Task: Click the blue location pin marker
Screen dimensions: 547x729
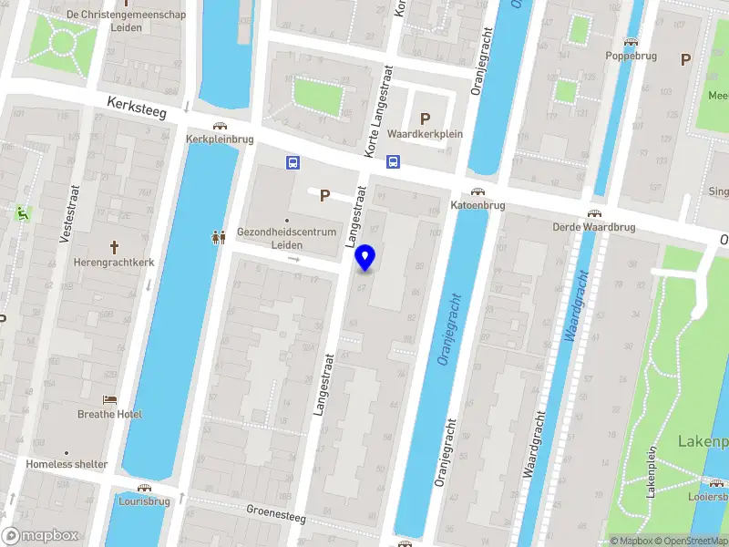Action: [x=365, y=257]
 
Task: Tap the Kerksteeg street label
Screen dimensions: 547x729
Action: [x=135, y=108]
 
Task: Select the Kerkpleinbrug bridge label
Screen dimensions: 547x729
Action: [x=219, y=139]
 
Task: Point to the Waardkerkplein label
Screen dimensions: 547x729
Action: [x=425, y=134]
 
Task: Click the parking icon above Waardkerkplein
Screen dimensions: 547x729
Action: [x=425, y=118]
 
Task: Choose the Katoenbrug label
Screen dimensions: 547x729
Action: [x=477, y=206]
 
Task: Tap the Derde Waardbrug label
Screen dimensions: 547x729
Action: [x=593, y=227]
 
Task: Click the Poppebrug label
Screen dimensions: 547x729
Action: [x=631, y=56]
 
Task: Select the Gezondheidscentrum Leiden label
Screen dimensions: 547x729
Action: [x=287, y=238]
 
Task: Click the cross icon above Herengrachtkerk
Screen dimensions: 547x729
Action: [x=115, y=247]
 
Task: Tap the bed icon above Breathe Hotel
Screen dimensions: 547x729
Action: [x=109, y=399]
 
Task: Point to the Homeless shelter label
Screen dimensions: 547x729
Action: [x=67, y=464]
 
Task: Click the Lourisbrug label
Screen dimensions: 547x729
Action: [x=145, y=501]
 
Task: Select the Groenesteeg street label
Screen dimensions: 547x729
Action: [x=276, y=514]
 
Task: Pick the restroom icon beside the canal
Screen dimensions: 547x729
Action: [x=219, y=237]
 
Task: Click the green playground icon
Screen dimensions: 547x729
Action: [x=22, y=213]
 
